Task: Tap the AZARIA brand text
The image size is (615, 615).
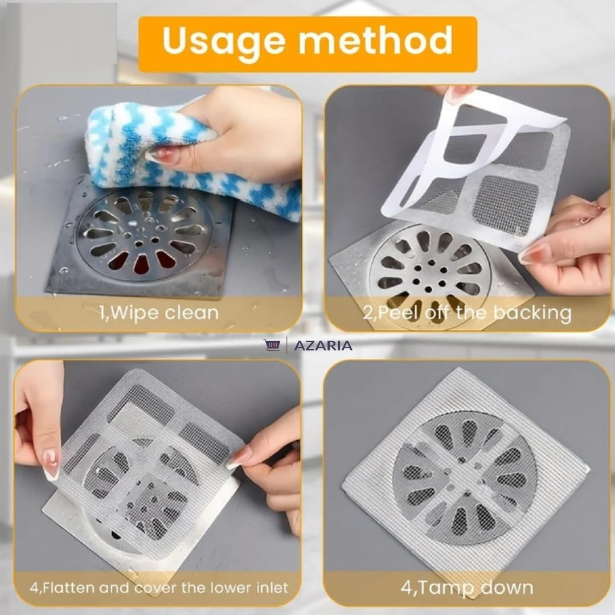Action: tap(323, 346)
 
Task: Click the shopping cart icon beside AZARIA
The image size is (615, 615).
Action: tap(272, 345)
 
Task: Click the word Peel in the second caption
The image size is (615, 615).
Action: tap(393, 313)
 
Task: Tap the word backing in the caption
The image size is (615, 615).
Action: tap(532, 313)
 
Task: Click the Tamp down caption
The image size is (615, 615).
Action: tap(466, 588)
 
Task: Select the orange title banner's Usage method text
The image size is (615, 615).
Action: tap(307, 41)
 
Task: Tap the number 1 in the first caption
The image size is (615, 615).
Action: tap(103, 313)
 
